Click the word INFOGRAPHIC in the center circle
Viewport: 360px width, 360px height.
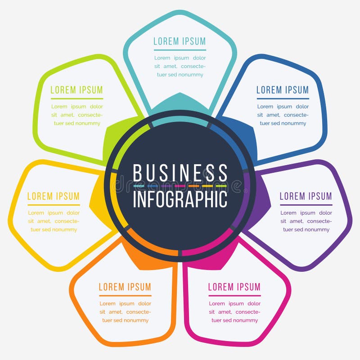(x=180, y=198)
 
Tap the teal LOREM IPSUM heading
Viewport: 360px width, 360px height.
(x=180, y=41)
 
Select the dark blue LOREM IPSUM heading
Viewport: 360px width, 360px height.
(x=283, y=90)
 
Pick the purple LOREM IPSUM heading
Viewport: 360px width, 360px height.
(x=306, y=196)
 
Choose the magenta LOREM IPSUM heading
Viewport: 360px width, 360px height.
(x=234, y=287)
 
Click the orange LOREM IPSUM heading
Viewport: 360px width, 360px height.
(x=125, y=287)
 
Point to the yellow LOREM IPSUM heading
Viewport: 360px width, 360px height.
(x=54, y=196)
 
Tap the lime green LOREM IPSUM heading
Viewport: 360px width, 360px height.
(x=76, y=90)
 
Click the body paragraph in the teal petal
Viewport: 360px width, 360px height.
(x=180, y=66)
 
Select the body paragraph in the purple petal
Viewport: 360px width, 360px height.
(x=306, y=221)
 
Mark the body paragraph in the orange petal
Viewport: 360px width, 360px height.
(x=125, y=312)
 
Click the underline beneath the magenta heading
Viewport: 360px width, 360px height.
(x=234, y=296)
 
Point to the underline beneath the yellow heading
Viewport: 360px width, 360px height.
(x=54, y=205)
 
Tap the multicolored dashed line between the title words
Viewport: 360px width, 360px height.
(x=180, y=185)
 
